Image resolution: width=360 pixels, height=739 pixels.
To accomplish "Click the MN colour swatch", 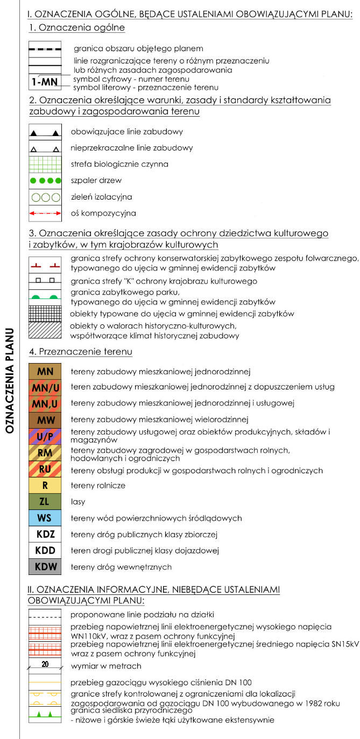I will coord(45,372).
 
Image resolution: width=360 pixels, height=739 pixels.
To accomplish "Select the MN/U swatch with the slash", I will coord(45,388).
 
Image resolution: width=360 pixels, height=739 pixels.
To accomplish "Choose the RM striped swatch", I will coord(45,453).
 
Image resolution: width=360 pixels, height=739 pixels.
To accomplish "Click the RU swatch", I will coord(45,469).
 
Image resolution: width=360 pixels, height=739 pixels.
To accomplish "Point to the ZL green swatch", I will coord(45,502).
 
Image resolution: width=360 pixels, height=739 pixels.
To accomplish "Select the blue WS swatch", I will coord(45,518).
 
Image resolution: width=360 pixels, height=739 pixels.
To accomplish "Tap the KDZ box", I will coord(45,535).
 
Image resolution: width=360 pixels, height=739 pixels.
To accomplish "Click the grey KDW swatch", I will coord(45,567).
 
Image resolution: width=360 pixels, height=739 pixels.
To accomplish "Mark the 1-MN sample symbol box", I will coord(45,82).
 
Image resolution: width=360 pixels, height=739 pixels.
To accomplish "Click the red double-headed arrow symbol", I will coord(45,214).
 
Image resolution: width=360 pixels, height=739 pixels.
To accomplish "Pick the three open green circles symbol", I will coord(45,197).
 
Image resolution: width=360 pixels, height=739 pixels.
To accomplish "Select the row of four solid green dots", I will coord(45,181).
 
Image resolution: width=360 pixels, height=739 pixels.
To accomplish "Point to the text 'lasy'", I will coord(78,502).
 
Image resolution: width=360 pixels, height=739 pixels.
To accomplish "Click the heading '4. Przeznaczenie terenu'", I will coord(80,352).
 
